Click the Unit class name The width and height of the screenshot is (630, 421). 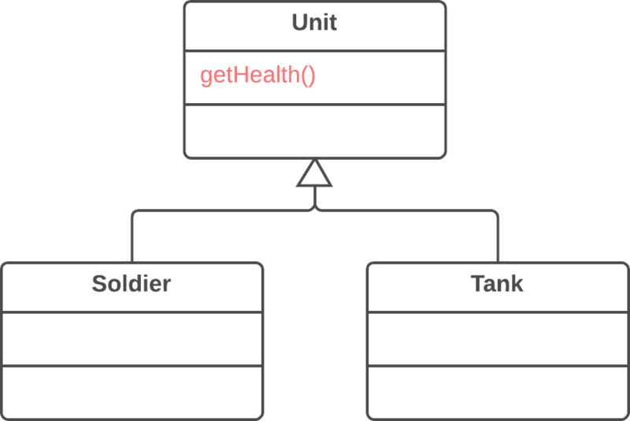314,23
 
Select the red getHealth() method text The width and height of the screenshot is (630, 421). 258,76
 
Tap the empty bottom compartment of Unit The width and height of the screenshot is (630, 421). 314,130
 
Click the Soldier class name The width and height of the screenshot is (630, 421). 131,283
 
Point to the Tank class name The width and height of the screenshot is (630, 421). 497,283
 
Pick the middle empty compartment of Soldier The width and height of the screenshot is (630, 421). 131,338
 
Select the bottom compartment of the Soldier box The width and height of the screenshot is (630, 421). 131,391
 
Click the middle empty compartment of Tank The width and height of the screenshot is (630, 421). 497,338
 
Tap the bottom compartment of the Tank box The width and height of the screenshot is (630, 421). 497,391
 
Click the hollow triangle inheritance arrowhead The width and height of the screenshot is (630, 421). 314,175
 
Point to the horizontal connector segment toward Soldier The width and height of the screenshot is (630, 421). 220,211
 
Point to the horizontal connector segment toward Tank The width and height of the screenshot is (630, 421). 409,211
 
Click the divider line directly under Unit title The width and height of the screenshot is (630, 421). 314,51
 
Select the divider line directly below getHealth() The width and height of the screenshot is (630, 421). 314,104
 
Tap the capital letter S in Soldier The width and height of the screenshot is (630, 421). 99,283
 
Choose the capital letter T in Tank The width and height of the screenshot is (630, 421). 477,283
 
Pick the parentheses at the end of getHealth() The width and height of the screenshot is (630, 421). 308,76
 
